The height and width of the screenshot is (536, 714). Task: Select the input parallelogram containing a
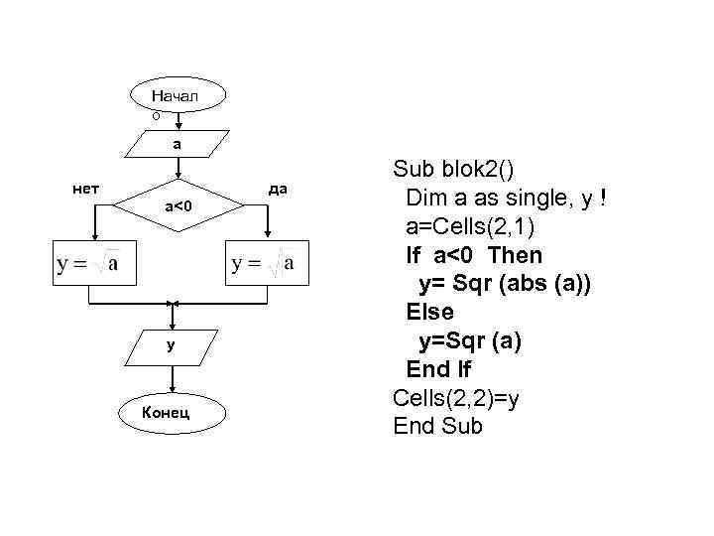tap(177, 144)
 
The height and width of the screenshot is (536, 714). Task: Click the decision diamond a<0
tap(178, 206)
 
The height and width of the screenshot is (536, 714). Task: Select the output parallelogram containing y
tap(173, 345)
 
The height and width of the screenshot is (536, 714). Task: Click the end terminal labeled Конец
tap(173, 411)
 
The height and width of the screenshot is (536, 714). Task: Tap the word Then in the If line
tap(515, 255)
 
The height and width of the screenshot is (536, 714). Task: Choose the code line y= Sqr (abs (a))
tap(505, 284)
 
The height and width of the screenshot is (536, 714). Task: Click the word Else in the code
tap(429, 313)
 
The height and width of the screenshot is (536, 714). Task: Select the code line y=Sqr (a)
tap(469, 341)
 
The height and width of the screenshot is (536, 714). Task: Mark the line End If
tap(438, 370)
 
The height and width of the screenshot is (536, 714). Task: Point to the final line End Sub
tap(437, 427)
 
